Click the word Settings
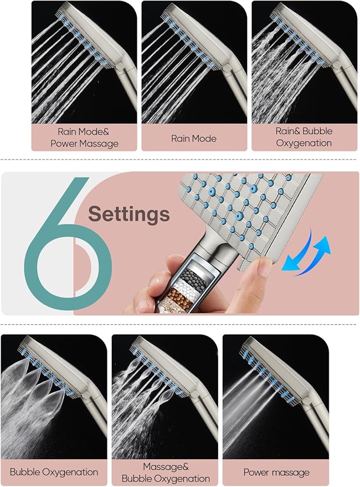[x=128, y=213]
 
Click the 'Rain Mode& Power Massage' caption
[x=84, y=137]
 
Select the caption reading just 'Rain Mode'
[x=194, y=138]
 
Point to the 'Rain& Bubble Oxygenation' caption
[x=304, y=137]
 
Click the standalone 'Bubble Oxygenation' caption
[x=54, y=472]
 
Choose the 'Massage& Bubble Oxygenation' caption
[x=165, y=472]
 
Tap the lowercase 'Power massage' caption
[x=276, y=473]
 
